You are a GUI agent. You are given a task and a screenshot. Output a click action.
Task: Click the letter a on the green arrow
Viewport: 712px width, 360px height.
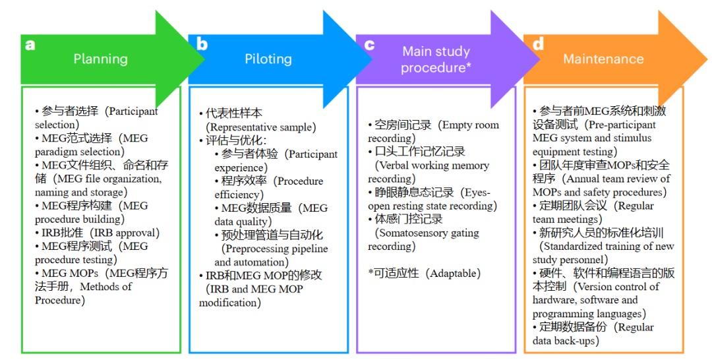click(x=30, y=45)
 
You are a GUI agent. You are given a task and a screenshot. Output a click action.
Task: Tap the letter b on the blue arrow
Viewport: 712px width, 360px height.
click(x=202, y=44)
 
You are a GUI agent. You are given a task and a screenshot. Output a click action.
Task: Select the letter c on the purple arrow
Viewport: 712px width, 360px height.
click(x=370, y=45)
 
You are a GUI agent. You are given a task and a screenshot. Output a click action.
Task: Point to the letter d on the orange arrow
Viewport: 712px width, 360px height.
click(x=538, y=44)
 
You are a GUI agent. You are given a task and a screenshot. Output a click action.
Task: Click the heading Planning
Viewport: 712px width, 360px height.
click(x=100, y=59)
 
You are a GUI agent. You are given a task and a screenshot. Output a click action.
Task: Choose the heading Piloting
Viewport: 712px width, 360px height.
click(x=268, y=59)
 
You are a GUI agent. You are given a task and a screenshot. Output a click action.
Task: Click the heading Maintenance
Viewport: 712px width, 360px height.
click(x=603, y=59)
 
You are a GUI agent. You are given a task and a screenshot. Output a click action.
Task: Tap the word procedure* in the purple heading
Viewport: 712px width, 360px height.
click(x=436, y=67)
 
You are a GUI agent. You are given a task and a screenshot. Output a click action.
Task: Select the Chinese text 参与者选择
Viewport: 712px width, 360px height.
click(x=70, y=111)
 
